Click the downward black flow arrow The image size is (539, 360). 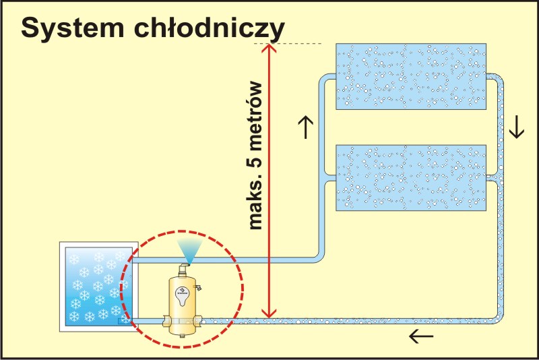[516, 127]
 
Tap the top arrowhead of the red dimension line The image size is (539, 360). [269, 49]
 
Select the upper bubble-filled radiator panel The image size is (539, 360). [410, 76]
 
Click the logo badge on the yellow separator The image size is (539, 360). [183, 291]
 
